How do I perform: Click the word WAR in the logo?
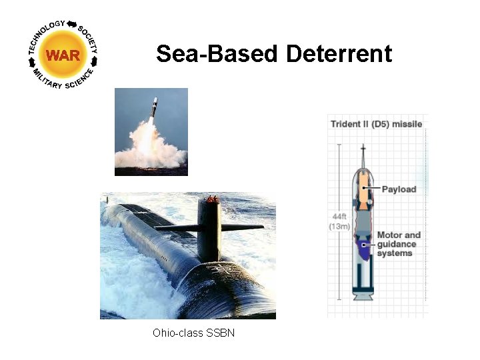pyautogui.click(x=63, y=55)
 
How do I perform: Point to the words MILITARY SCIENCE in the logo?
pyautogui.click(x=63, y=84)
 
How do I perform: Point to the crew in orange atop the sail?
pyautogui.click(x=212, y=199)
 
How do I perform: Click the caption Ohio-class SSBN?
pyautogui.click(x=193, y=333)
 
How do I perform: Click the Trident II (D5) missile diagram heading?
pyautogui.click(x=377, y=124)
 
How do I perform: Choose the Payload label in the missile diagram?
pyautogui.click(x=399, y=189)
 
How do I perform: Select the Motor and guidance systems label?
pyautogui.click(x=399, y=244)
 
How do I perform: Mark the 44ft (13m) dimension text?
pyautogui.click(x=339, y=221)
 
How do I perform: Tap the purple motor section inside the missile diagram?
pyautogui.click(x=363, y=249)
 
